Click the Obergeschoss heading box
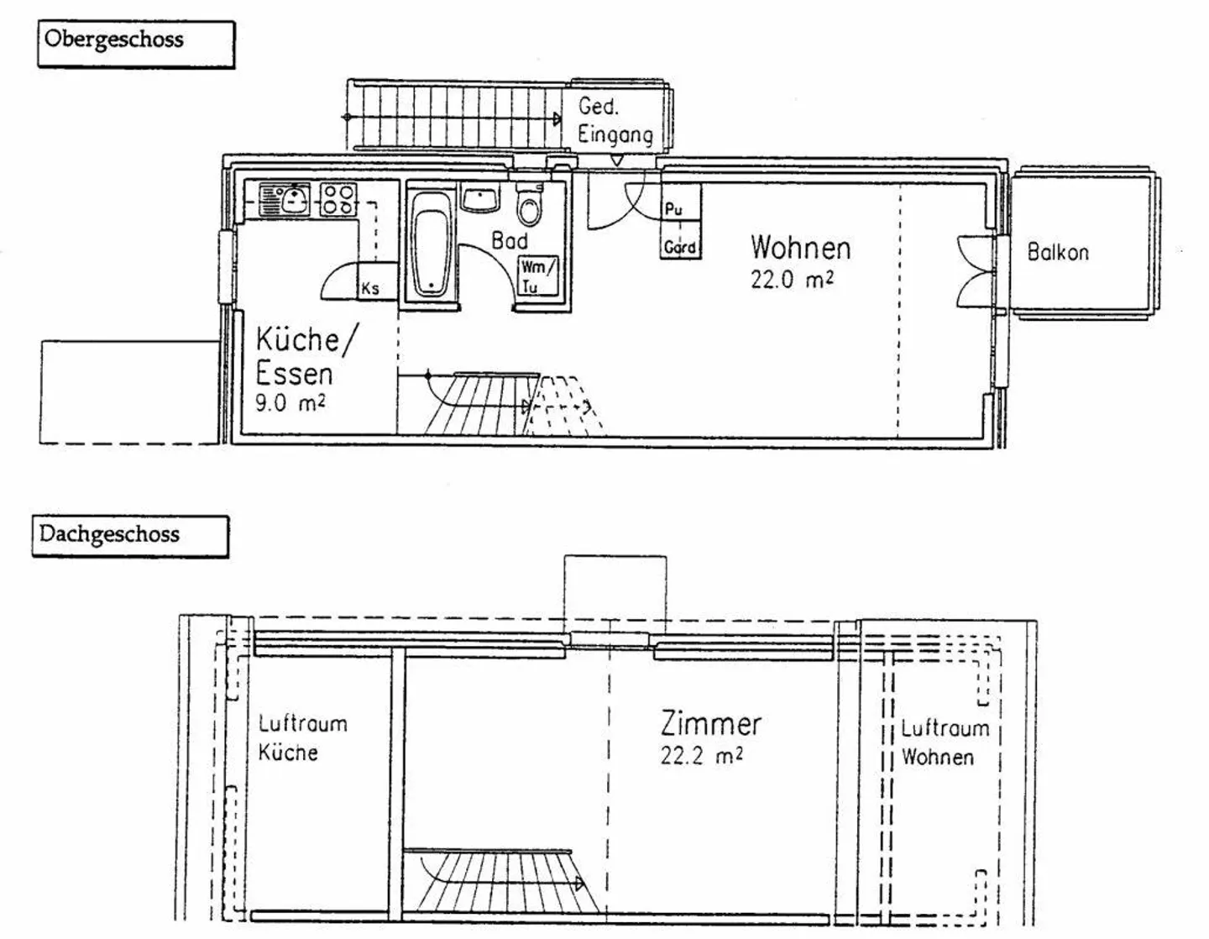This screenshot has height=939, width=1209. pyautogui.click(x=136, y=45)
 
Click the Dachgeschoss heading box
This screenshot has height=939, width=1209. pyautogui.click(x=130, y=536)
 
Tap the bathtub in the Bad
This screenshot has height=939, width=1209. pyautogui.click(x=432, y=243)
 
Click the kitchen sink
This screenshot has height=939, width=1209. pyautogui.click(x=285, y=199)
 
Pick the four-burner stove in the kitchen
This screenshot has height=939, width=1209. pyautogui.click(x=338, y=199)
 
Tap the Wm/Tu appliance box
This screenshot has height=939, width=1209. pyautogui.click(x=538, y=276)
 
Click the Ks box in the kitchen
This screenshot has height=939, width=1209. pyautogui.click(x=377, y=281)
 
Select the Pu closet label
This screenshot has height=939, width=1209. pyautogui.click(x=673, y=210)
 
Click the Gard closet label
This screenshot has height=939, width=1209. pyautogui.click(x=679, y=247)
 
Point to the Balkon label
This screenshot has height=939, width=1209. pyautogui.click(x=1058, y=252)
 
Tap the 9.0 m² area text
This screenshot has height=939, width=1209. pyautogui.click(x=290, y=403)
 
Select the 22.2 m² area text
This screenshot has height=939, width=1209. pyautogui.click(x=702, y=756)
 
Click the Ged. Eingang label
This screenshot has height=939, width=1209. pyautogui.click(x=615, y=120)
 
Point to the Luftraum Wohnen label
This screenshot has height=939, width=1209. pyautogui.click(x=945, y=742)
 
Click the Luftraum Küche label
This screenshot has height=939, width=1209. pyautogui.click(x=302, y=738)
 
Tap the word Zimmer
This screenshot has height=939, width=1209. pyautogui.click(x=711, y=724)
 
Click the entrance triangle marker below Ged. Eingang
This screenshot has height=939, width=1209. pyautogui.click(x=616, y=160)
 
